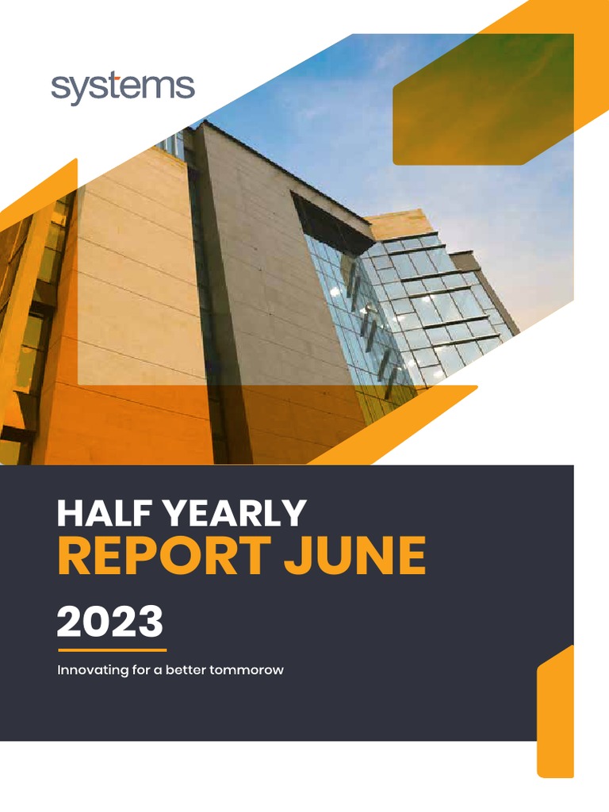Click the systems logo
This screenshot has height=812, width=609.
[123, 88]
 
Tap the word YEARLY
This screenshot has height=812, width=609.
[239, 514]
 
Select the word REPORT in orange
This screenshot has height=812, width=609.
[163, 557]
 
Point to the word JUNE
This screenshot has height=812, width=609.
[354, 557]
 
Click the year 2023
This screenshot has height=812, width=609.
[109, 622]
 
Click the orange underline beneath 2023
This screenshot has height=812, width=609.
[112, 650]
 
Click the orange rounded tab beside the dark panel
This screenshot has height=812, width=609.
[555, 714]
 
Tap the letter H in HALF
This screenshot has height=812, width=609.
[69, 514]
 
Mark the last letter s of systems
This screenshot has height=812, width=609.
[186, 89]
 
